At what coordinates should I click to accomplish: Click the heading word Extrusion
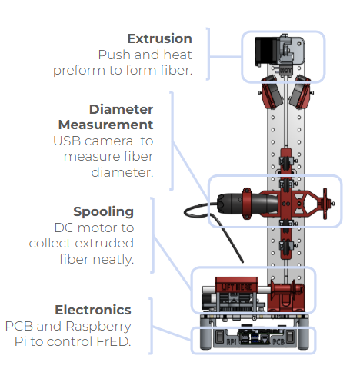click(159, 38)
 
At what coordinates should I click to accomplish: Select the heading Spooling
click(103, 211)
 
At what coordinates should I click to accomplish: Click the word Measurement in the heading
click(105, 125)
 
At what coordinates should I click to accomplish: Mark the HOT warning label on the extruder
click(285, 70)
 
